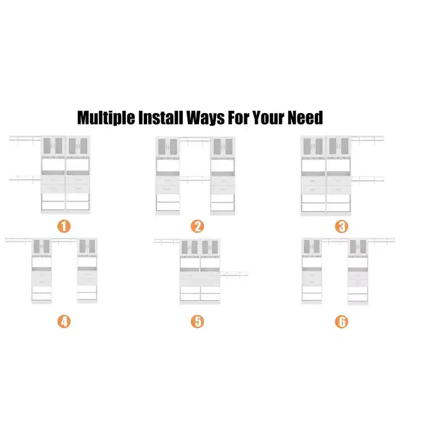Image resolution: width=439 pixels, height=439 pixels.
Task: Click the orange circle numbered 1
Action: [64, 226]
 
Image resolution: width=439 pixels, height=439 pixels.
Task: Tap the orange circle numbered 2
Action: [198, 226]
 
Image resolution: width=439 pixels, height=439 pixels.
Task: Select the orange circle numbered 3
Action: [341, 227]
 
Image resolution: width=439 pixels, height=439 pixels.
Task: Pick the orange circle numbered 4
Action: [64, 322]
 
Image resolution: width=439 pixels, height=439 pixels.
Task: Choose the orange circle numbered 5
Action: [198, 322]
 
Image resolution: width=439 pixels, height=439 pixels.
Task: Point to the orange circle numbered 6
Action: [341, 322]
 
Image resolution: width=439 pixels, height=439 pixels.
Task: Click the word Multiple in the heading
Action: [106, 118]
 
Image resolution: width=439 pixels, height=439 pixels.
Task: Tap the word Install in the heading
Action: [161, 117]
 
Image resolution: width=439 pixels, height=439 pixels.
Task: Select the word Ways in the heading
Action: [205, 118]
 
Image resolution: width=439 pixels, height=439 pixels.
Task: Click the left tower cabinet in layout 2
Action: [168, 176]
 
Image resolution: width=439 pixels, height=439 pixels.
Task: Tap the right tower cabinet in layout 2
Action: [223, 176]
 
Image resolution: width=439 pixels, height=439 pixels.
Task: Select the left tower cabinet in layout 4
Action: [42, 271]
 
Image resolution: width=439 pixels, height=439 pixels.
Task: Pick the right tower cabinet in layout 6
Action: [358, 271]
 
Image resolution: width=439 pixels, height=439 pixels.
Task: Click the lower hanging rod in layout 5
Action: [234, 274]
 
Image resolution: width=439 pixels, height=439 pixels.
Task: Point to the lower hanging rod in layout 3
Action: [368, 179]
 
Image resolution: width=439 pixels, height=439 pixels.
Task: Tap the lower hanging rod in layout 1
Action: [25, 178]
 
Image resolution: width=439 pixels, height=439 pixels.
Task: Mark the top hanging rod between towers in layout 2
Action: [195, 139]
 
